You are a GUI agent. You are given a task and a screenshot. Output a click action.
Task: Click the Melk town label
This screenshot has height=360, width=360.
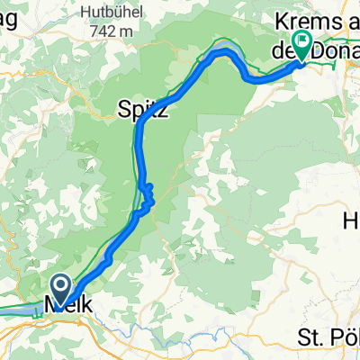pos(65,305)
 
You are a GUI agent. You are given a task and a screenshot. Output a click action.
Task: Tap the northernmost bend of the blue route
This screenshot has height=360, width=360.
pos(221,51)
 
